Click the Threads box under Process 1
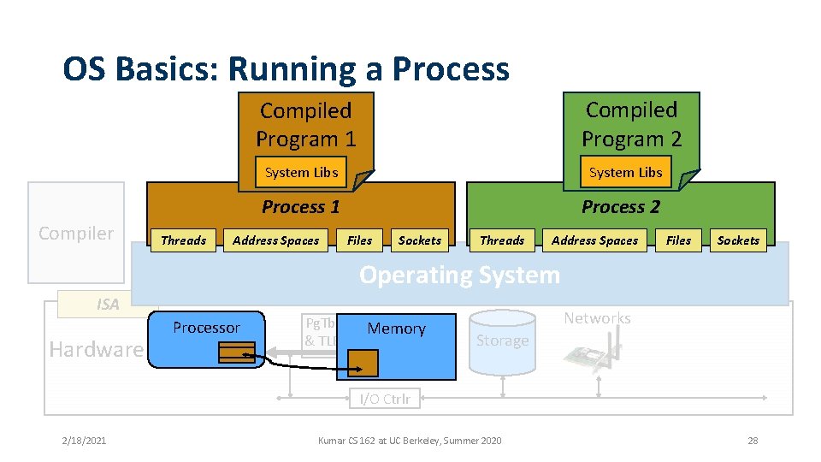(x=184, y=240)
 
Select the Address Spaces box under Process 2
(x=595, y=240)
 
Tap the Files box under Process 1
(x=360, y=240)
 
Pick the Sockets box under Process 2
(x=738, y=240)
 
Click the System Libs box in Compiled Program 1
(x=301, y=172)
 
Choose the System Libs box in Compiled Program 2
(x=625, y=172)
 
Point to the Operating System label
(x=459, y=275)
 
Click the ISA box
(x=107, y=304)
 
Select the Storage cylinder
(x=503, y=341)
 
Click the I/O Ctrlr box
(x=384, y=399)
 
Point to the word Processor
(x=206, y=328)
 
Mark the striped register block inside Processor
(x=236, y=352)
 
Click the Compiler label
(x=76, y=233)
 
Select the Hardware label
(x=96, y=349)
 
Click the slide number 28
(x=753, y=441)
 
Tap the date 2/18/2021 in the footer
(x=84, y=441)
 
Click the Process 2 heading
(x=621, y=206)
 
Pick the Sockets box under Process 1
(x=420, y=240)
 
